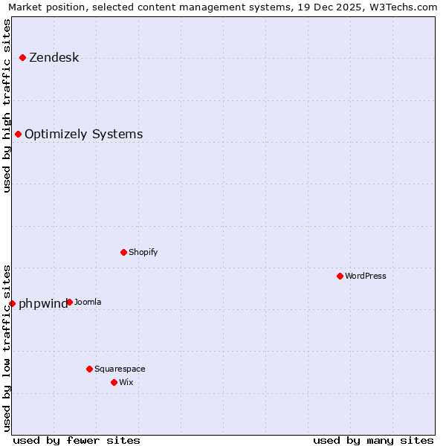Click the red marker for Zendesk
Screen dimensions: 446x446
tap(23, 57)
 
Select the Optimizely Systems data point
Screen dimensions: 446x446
tap(19, 135)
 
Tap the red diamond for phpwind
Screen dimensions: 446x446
tap(13, 303)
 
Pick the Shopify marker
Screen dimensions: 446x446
tap(124, 252)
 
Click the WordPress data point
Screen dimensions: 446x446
tap(340, 276)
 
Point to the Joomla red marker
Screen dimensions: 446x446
tap(69, 302)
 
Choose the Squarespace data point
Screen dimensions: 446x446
tap(90, 369)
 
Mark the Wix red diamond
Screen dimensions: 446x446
tap(114, 382)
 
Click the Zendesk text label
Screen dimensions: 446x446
tap(54, 58)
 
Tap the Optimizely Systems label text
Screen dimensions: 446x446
tap(84, 135)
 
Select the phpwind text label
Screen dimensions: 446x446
tap(42, 304)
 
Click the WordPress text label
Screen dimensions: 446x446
tap(366, 277)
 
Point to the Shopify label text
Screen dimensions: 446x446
tap(143, 253)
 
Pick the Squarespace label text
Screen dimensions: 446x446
tap(120, 369)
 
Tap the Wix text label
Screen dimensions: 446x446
tap(126, 383)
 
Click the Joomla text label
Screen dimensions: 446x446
tap(88, 303)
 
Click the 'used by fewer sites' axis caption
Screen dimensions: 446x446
tap(77, 440)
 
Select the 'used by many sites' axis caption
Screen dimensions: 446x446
tap(373, 440)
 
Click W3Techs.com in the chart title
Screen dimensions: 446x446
tap(402, 7)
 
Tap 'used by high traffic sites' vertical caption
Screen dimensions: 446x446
tap(7, 106)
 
